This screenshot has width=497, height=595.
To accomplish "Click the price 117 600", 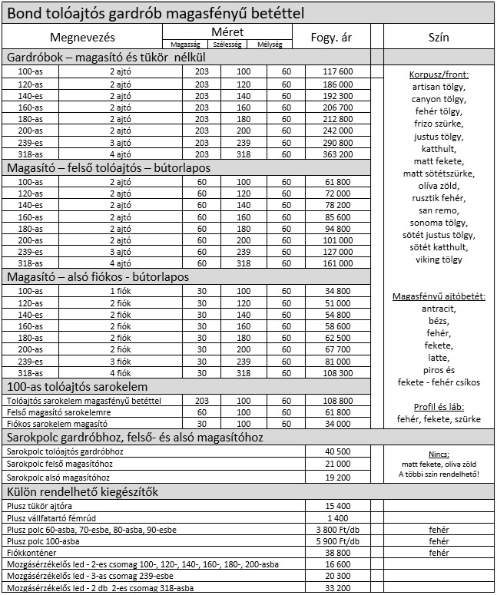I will point(338,71).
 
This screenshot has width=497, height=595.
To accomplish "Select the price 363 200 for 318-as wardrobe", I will point(338,154).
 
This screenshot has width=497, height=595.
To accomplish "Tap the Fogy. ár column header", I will point(332,38).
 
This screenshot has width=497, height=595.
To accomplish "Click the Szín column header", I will point(439,38).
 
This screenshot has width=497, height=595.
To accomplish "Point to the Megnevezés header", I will point(82,38).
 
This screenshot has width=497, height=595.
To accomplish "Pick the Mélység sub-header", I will point(270,45).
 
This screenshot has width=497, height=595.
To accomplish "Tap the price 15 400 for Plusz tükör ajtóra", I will point(338,506).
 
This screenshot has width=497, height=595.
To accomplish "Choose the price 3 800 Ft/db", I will point(338,529).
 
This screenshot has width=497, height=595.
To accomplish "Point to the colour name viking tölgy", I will point(439,259).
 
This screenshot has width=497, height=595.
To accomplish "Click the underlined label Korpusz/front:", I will point(439,75).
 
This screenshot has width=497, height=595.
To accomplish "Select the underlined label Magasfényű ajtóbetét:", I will point(439,296).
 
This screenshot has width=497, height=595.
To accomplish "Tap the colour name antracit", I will point(439,309).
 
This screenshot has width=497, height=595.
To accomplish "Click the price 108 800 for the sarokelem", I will point(338,400).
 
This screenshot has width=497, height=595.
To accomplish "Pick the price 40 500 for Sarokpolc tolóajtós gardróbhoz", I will point(338,451).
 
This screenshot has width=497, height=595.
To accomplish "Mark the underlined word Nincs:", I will point(439,454).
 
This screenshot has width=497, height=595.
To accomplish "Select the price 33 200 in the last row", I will point(338,587).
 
